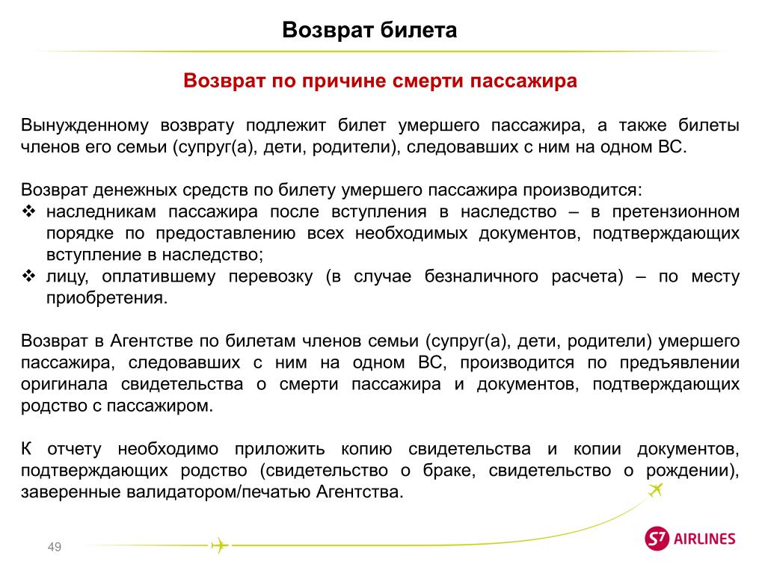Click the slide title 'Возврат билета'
coord(369,30)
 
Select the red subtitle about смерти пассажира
coord(380,81)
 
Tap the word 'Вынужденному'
coord(85,126)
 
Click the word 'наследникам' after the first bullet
coord(101,212)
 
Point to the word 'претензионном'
coord(676,212)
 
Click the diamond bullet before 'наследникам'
coord(29,211)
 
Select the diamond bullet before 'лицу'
coord(29,276)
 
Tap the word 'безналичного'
coord(481,276)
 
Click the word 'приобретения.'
coord(107,298)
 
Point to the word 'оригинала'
coord(64,385)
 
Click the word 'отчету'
coord(74,449)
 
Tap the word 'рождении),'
coord(692,471)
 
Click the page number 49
coord(55,547)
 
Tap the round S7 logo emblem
coord(657,538)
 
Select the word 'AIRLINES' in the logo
coord(704,539)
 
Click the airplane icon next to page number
coord(220,545)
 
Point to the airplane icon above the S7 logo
coord(657,489)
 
